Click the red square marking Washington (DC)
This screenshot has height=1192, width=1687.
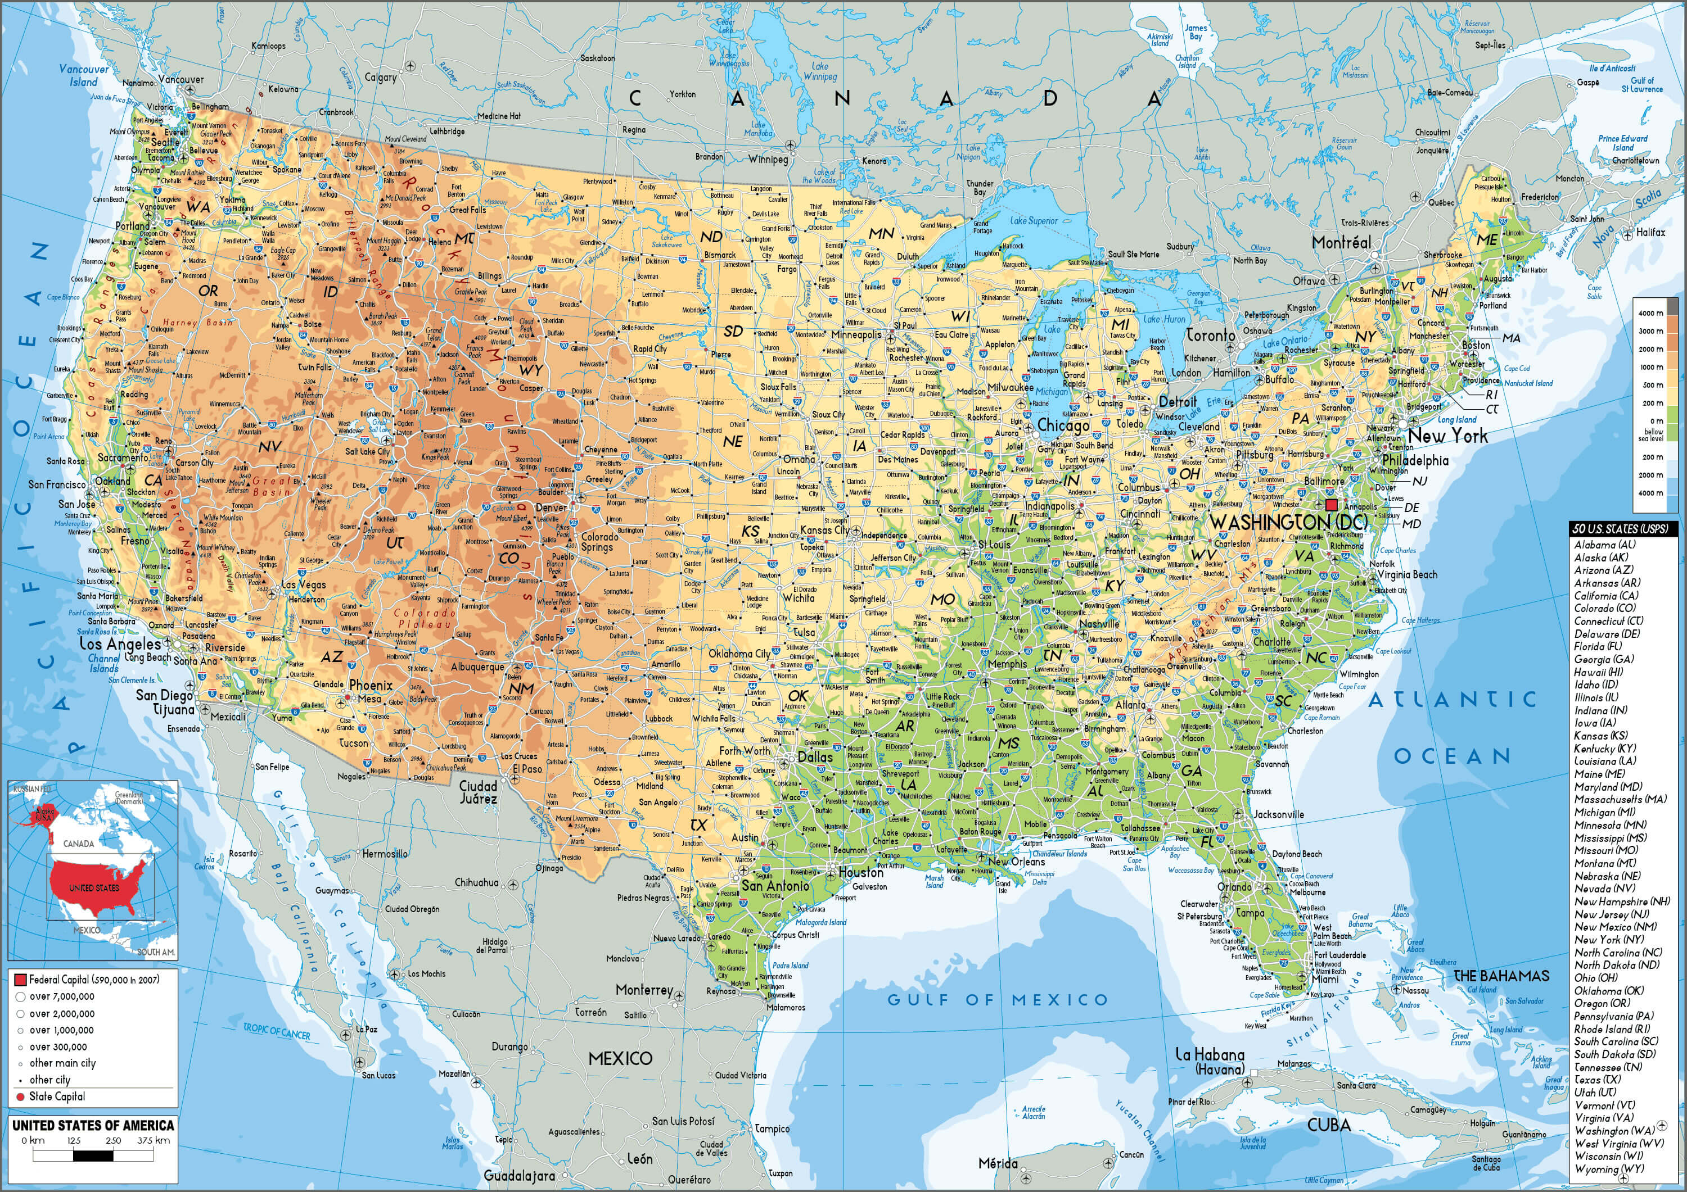(x=1332, y=505)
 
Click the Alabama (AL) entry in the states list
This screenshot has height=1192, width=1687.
(x=1604, y=544)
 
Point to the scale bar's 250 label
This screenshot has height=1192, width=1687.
(x=113, y=1141)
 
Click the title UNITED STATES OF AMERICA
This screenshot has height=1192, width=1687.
(x=93, y=1125)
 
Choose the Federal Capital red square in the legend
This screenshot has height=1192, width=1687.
(x=20, y=980)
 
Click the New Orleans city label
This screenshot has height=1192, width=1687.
(x=1016, y=862)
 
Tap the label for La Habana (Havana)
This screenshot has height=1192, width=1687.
(x=1210, y=1061)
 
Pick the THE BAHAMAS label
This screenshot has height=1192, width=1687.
(x=1501, y=976)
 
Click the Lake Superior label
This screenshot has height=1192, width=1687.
(x=1034, y=220)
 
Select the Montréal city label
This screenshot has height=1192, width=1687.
(x=1342, y=242)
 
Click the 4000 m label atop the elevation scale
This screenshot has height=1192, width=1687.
(x=1645, y=314)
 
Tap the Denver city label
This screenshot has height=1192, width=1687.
(x=551, y=507)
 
